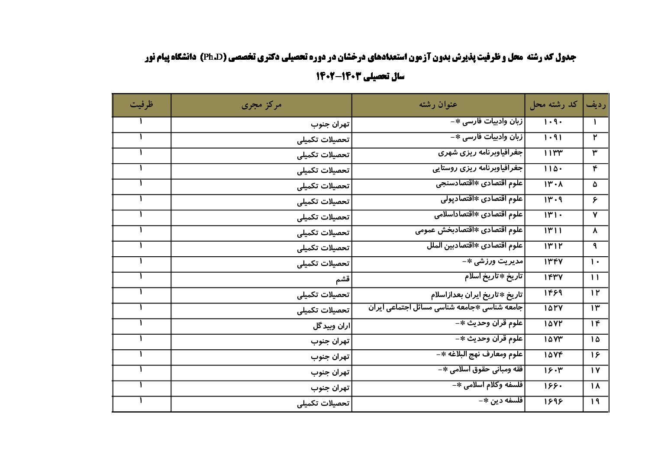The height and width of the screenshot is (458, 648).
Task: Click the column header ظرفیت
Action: point(142,105)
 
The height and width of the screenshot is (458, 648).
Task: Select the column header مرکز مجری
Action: point(261,105)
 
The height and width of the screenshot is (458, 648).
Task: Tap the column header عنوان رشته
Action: point(438,105)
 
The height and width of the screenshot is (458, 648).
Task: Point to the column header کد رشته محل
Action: point(554,105)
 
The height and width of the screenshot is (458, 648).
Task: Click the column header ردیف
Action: point(596,105)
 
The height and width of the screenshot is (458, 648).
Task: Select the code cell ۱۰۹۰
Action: point(553,122)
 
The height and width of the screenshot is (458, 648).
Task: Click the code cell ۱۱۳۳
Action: point(553,153)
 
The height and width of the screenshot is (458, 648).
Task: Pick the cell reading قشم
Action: point(342,279)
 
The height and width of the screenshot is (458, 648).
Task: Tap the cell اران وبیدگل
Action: point(331,326)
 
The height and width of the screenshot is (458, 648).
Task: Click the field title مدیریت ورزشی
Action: point(493,261)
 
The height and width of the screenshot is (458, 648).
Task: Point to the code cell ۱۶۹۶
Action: point(553,402)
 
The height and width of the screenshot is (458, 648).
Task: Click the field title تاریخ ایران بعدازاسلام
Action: point(477,294)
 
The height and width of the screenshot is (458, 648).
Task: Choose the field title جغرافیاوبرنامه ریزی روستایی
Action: point(477,168)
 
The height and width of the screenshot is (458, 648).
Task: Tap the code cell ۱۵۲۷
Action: point(553,308)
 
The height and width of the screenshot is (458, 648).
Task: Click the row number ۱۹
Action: point(595,402)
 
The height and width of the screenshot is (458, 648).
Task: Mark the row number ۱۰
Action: point(595,262)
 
